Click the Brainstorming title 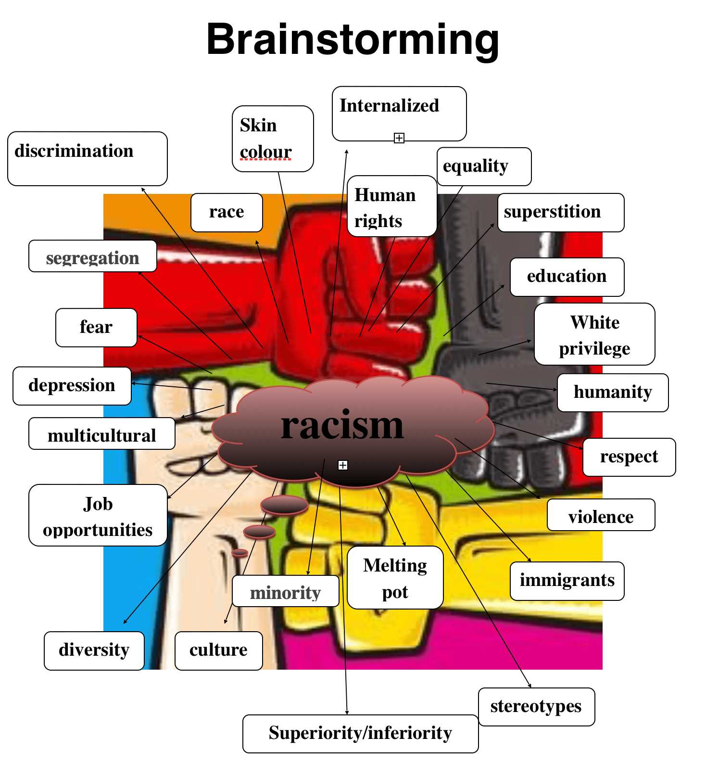coord(353,39)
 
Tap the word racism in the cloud coord(342,426)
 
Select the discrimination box coord(87,158)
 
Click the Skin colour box coord(272,139)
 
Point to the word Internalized coord(389,106)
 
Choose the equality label coord(476,166)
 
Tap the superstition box coord(560,212)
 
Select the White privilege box coord(594,334)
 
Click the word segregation coord(92,258)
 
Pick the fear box coord(96,327)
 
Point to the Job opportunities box coord(98,515)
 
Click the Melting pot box coord(395,577)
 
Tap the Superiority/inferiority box coord(360,733)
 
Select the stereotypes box coord(536,706)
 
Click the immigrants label coord(567,581)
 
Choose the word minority coord(285,593)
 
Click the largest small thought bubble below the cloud coord(284,505)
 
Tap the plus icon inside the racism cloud coord(342,465)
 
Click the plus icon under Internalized coord(399,138)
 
